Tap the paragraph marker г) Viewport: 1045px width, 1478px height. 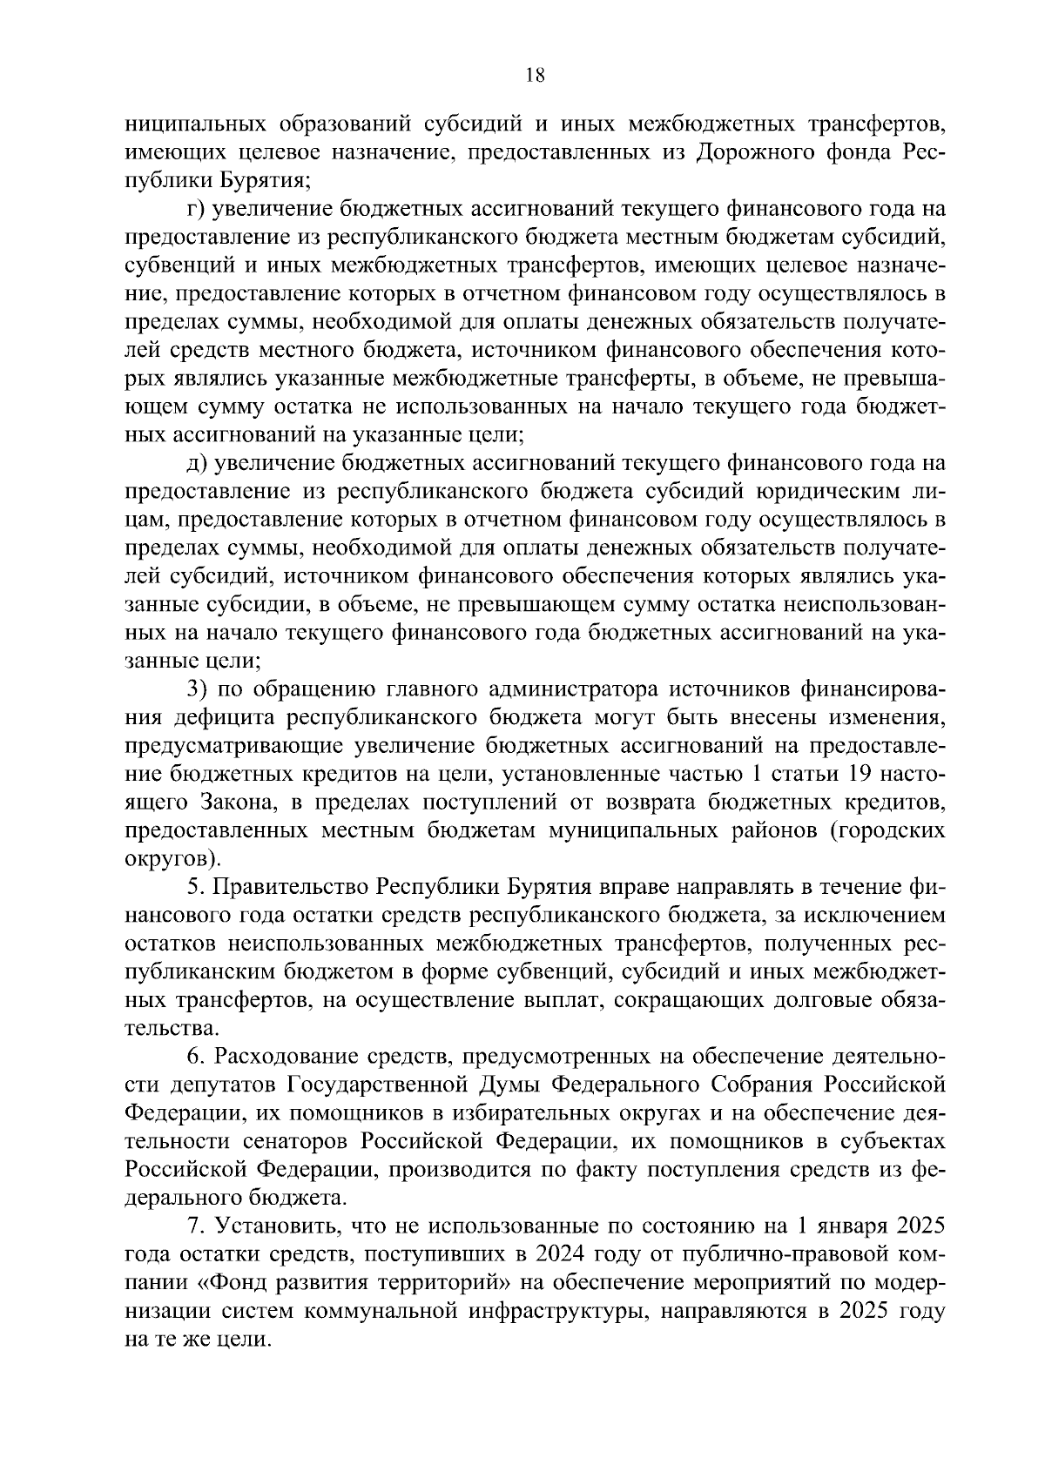click(x=196, y=210)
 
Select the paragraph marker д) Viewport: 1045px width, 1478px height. click(x=197, y=464)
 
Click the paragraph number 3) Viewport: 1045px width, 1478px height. click(x=198, y=690)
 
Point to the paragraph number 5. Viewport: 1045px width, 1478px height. click(x=195, y=888)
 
